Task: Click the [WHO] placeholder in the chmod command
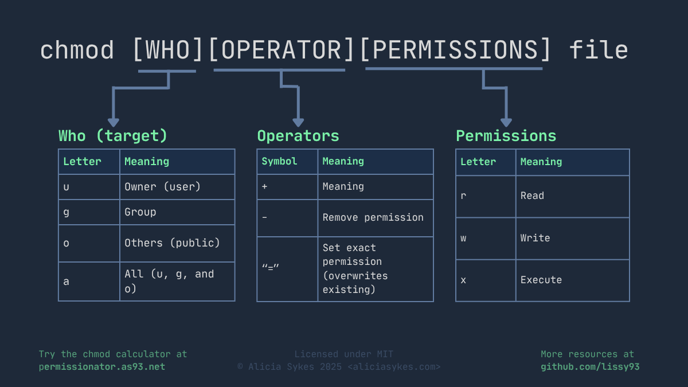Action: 168,50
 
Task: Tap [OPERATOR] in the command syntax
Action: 282,50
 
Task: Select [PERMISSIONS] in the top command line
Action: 455,50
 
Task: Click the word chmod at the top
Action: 77,50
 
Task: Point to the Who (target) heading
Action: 113,136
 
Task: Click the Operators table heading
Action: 298,136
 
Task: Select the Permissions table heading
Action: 506,136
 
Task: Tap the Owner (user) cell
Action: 162,187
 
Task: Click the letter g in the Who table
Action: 67,212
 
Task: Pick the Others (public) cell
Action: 172,243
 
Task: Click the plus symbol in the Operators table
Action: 264,187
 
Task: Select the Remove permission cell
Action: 373,217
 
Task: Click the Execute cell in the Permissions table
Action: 541,280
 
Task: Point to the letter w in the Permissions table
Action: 463,238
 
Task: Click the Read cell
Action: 532,196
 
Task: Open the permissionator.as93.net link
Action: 101,366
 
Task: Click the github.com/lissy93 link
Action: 589,366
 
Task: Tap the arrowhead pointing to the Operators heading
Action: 298,122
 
